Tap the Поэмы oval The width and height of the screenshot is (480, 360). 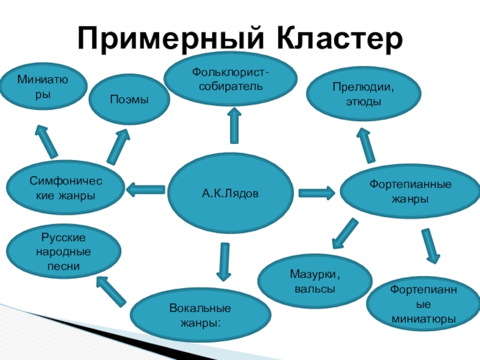click(129, 99)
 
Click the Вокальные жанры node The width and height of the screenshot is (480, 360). click(201, 316)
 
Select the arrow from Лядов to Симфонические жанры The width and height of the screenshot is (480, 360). click(146, 190)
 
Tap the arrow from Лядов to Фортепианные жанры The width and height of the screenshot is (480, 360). click(316, 193)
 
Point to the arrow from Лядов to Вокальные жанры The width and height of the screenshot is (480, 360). click(224, 261)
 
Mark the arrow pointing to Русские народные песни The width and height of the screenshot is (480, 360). click(112, 290)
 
